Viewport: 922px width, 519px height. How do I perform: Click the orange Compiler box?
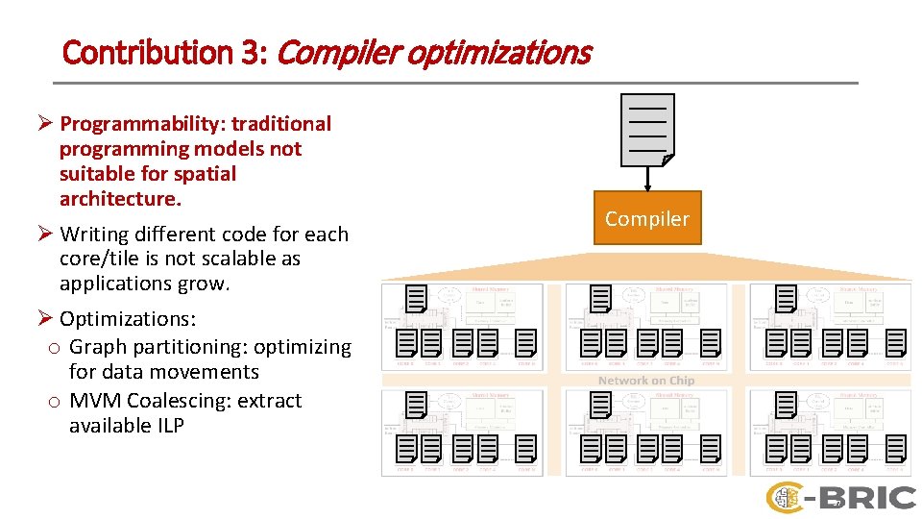coord(647,219)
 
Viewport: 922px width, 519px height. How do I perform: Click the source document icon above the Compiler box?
coord(647,130)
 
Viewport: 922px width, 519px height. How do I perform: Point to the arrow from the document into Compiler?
coord(647,179)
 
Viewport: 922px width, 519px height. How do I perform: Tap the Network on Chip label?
coord(645,381)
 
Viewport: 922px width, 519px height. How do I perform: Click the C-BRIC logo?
coord(840,497)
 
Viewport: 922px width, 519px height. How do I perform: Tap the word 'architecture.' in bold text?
coord(120,199)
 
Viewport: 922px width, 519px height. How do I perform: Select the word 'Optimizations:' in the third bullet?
coord(128,318)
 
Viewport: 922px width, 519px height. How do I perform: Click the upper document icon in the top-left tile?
coord(416,299)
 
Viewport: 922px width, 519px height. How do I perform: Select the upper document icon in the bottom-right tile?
coord(786,405)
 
